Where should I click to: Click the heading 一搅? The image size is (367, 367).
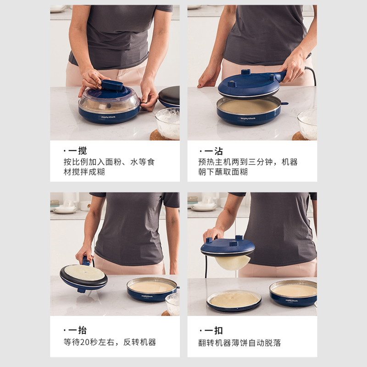click(78, 151)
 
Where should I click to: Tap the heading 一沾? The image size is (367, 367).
click(213, 151)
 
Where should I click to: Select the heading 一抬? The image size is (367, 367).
click(78, 330)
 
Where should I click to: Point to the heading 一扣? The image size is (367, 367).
click(213, 330)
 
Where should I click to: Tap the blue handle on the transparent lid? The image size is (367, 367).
click(112, 85)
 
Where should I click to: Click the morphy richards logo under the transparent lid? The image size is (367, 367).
click(108, 117)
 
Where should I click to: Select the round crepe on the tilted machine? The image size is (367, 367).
click(84, 272)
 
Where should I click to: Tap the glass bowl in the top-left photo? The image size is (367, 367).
click(167, 123)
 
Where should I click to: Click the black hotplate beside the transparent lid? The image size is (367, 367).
click(169, 96)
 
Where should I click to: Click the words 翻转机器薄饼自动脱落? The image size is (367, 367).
click(239, 343)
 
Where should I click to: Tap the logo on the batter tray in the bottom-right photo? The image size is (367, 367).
click(291, 300)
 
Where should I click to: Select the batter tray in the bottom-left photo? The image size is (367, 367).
click(153, 289)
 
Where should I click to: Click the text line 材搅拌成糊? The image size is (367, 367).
click(84, 172)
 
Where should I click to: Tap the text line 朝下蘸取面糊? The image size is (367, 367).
click(223, 172)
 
